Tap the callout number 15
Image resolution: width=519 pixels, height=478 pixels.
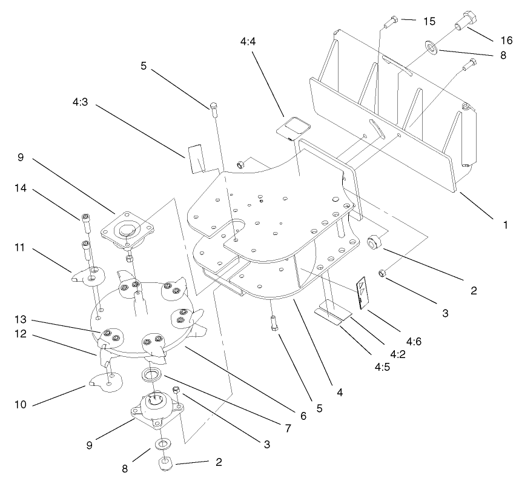pos(428,21)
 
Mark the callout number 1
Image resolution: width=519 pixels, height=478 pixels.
pos(504,224)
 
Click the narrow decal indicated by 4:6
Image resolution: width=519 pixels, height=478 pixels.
pos(360,293)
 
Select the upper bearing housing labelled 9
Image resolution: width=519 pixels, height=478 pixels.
pos(126,230)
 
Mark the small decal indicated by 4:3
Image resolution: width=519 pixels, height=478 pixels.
pos(196,158)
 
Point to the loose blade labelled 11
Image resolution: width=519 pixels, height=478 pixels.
pos(87,276)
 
